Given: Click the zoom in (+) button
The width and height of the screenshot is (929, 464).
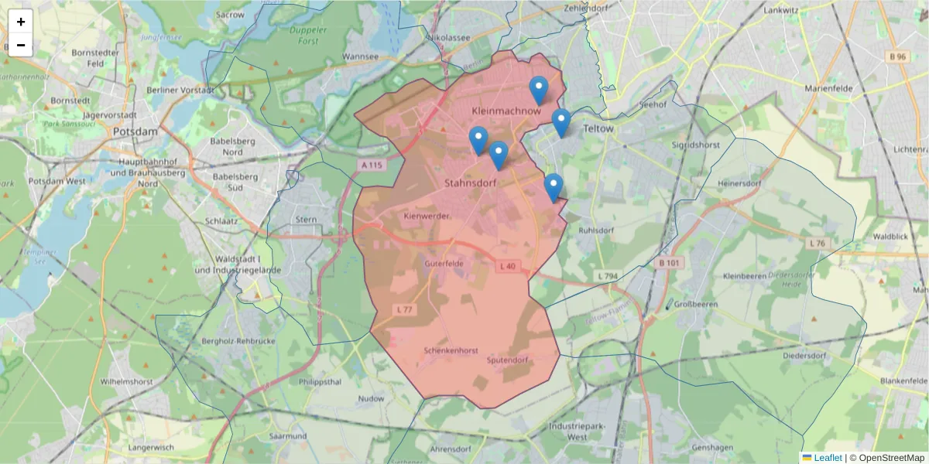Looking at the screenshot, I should pyautogui.click(x=21, y=22).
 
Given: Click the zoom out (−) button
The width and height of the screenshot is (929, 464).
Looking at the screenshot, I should pyautogui.click(x=21, y=45).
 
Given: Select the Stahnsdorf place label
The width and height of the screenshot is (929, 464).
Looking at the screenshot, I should pyautogui.click(x=470, y=183).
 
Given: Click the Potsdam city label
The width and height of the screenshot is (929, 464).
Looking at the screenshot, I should pyautogui.click(x=135, y=131).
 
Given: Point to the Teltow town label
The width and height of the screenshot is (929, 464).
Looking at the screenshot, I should pyautogui.click(x=598, y=129).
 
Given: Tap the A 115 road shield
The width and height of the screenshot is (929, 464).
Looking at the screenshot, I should pyautogui.click(x=371, y=165).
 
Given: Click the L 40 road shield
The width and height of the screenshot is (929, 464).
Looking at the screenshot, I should pyautogui.click(x=507, y=267).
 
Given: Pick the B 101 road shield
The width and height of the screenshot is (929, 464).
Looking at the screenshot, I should pyautogui.click(x=668, y=264).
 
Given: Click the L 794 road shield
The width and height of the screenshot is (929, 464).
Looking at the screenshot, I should pyautogui.click(x=608, y=276).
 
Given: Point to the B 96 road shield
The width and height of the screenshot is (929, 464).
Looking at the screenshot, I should pyautogui.click(x=897, y=56).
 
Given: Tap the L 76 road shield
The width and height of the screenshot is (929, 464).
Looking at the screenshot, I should pyautogui.click(x=818, y=244).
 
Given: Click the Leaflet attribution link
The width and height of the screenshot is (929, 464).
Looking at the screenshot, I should pyautogui.click(x=828, y=458).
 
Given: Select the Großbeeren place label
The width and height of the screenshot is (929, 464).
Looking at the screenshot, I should pyautogui.click(x=696, y=305).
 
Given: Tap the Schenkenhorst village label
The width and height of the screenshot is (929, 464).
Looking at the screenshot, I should pyautogui.click(x=451, y=350).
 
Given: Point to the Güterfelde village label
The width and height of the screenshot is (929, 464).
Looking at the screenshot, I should pyautogui.click(x=444, y=264).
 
